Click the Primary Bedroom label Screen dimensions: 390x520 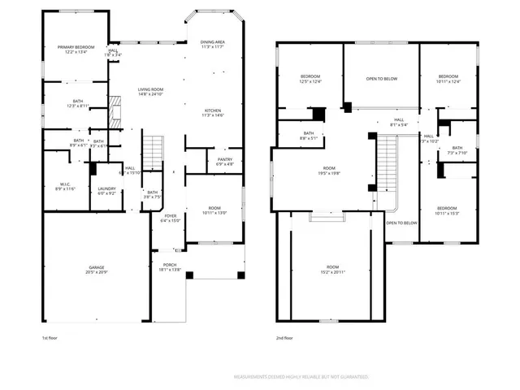click(x=76, y=50)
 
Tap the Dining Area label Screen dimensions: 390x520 click(x=213, y=45)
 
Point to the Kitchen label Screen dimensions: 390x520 click(x=213, y=113)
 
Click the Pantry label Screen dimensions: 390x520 click(x=224, y=162)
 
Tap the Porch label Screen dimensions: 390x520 click(x=170, y=266)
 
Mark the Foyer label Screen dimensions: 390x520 click(x=170, y=218)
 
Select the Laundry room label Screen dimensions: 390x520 click(x=107, y=191)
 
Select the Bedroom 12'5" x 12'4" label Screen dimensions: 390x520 click(x=310, y=79)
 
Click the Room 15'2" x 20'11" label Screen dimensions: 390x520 click(x=332, y=269)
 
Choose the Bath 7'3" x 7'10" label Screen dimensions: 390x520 click(x=457, y=150)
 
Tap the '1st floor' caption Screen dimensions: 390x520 click(x=50, y=337)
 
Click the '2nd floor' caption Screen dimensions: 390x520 click(x=284, y=337)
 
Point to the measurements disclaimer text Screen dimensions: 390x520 click(x=301, y=377)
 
